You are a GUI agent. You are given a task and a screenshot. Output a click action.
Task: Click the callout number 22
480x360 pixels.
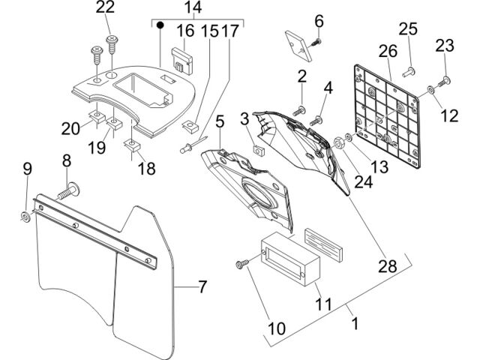pos(105,7)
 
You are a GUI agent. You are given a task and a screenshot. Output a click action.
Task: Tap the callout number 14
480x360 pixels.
pos(193,7)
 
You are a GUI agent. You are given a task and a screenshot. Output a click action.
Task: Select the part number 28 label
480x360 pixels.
pos(388,265)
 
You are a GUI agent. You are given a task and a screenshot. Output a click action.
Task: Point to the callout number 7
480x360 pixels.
pos(202,286)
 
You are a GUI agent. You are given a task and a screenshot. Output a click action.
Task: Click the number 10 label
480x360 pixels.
pos(277,328)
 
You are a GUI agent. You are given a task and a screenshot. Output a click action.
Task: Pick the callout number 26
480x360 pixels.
pos(388,51)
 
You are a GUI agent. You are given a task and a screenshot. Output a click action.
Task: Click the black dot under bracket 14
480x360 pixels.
pos(160,25)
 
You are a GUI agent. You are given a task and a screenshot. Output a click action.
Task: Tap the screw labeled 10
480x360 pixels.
pos(241,264)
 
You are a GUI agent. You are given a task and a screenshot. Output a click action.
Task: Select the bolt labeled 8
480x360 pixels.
pos(68,190)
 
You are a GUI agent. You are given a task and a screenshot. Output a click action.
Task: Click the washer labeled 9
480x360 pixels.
pos(25,217)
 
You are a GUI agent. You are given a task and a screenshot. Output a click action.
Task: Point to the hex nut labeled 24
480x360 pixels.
pos(339,143)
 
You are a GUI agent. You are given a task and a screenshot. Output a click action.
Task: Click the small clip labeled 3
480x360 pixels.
pos(259,150)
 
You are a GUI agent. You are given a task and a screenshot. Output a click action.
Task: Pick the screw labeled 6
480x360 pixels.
pos(315,43)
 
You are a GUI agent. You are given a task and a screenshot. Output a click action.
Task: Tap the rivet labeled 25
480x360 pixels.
pos(408,73)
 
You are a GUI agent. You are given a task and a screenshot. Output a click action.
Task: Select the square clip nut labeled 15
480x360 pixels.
pos(190,127)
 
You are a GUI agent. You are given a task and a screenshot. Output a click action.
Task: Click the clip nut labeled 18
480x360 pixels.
pos(132,145)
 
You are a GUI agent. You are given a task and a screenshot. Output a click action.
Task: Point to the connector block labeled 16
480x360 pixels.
pos(181,61)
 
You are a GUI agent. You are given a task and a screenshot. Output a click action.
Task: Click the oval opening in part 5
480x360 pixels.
pos(257,192)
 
